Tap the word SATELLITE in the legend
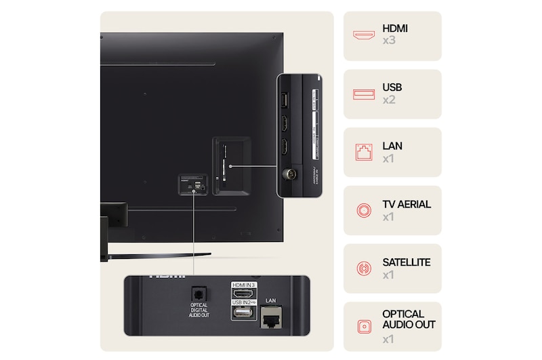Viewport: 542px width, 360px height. coord(406,262)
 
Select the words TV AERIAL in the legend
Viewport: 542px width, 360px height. coord(406,204)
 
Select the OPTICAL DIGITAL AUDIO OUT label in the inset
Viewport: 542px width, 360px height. coord(199,314)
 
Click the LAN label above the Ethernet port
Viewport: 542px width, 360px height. coord(271,299)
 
